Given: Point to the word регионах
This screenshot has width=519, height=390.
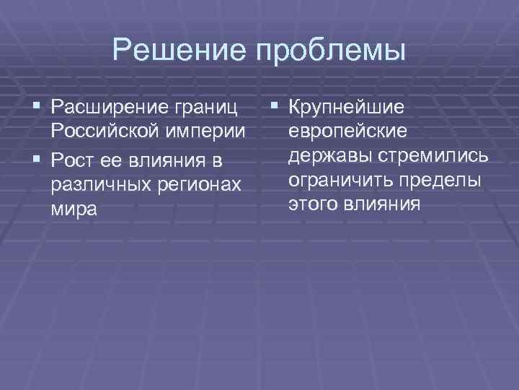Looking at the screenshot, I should (x=195, y=183).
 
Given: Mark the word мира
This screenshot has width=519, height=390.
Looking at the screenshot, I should (x=73, y=209).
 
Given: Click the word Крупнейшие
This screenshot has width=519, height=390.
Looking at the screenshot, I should (x=346, y=108).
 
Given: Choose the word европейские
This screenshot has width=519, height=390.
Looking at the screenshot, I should (x=347, y=132).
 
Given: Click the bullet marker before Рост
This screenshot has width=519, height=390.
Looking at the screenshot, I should (x=38, y=157).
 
